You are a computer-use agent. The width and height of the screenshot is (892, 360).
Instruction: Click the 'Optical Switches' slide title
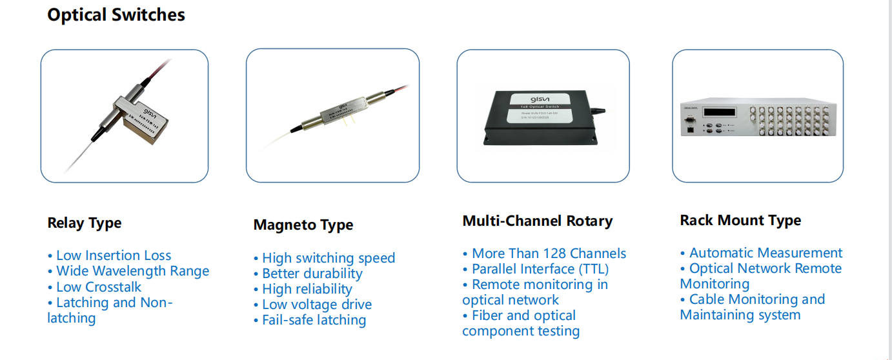click(116, 15)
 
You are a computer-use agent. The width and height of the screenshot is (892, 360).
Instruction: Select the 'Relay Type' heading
click(85, 223)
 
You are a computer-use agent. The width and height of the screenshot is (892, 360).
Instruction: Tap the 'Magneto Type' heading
click(303, 225)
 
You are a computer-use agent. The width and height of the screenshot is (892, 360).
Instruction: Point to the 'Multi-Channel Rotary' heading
click(538, 221)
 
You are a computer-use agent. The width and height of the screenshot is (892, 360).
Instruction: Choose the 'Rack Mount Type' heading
click(740, 221)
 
